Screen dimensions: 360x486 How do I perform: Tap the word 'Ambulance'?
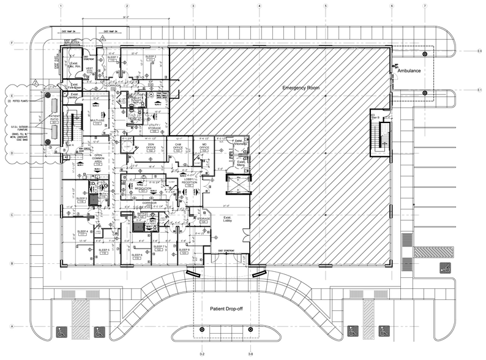click(x=408, y=71)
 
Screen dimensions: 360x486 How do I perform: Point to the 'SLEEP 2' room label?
click(x=151, y=58)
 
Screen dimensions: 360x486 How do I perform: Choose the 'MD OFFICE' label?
click(x=204, y=147)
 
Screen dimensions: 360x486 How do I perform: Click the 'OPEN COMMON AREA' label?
click(x=97, y=160)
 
